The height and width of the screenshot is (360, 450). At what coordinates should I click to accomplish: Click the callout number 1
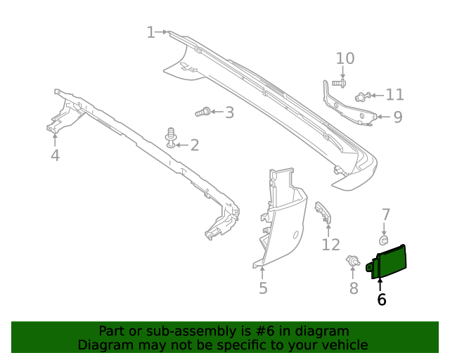(150, 32)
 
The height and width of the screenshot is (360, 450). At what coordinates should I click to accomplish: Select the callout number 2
(194, 146)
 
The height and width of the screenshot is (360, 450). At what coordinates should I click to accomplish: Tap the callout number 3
(229, 112)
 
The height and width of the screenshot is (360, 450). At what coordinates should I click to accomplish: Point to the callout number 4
(55, 155)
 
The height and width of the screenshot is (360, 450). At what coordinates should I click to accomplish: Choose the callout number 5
(263, 288)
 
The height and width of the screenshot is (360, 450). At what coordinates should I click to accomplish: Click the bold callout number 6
(382, 300)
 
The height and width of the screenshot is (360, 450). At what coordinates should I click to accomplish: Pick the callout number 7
(385, 214)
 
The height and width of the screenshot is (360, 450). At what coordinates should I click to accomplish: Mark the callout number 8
(354, 288)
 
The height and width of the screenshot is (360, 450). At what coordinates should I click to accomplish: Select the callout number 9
(397, 117)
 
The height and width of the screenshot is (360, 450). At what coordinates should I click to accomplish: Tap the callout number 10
(345, 58)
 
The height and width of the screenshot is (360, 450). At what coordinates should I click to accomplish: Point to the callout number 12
(330, 245)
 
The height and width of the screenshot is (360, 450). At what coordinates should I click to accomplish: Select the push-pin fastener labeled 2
(170, 137)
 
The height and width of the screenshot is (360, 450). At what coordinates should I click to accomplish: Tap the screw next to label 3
(202, 111)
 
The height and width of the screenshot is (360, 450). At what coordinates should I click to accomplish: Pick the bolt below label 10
(337, 84)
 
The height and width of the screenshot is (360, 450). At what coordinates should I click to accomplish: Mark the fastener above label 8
(352, 263)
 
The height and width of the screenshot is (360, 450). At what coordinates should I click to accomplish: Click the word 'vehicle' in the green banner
(343, 345)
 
